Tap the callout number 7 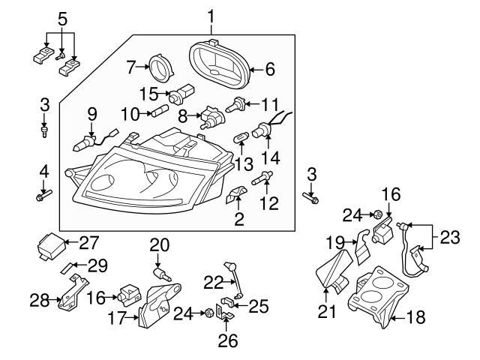click(131, 67)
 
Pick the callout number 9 click(92, 114)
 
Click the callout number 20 click(160, 244)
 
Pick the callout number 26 click(227, 341)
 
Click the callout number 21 click(327, 310)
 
